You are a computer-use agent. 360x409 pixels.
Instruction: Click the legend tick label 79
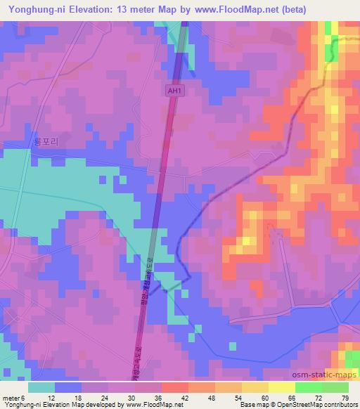344,397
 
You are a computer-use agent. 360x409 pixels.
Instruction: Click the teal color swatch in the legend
41,387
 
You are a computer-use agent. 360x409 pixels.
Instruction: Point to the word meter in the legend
13,397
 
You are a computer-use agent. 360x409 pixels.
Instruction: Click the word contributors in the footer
336,405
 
